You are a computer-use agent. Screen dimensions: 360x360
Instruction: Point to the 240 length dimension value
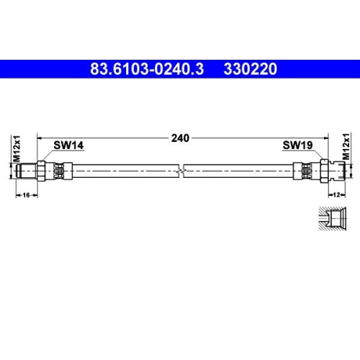[181, 138]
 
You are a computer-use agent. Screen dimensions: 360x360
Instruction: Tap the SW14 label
[69, 145]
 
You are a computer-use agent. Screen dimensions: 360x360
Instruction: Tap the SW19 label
[297, 145]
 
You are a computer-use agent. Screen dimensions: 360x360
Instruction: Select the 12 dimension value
[337, 194]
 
